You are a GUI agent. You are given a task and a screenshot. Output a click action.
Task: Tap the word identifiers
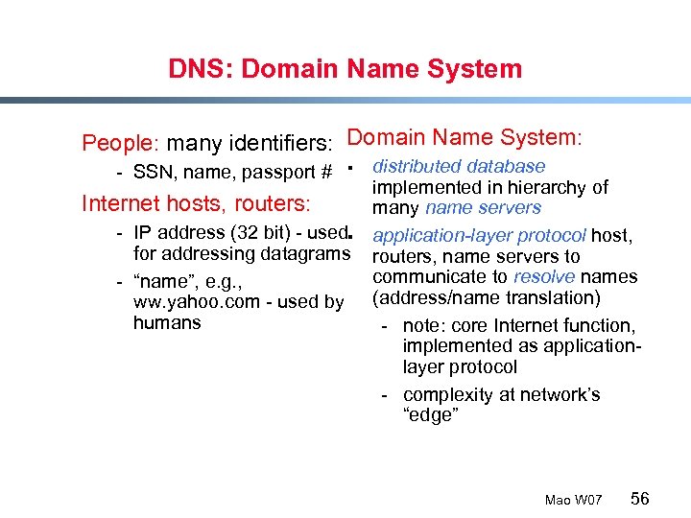coord(280,144)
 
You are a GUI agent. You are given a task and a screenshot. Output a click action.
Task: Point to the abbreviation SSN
coord(152,173)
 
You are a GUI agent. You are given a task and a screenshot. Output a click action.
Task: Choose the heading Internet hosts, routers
coord(196,203)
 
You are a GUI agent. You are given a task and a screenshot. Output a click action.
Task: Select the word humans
coord(167,322)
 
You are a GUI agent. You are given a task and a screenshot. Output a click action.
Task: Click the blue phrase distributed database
coord(459,167)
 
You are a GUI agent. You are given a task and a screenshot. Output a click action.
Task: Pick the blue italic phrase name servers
coord(483,208)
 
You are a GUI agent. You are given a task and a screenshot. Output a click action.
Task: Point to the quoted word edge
coord(431,415)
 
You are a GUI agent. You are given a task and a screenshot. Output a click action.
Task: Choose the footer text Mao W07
coord(573,501)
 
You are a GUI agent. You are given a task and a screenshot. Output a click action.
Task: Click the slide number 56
coord(639,499)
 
